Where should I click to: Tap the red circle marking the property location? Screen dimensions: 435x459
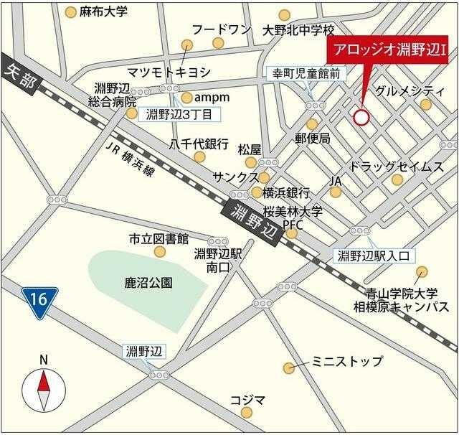coord(361,117)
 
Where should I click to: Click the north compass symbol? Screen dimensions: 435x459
coord(44,388)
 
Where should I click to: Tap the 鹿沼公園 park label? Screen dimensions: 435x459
coord(148,283)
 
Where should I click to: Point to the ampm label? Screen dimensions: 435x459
coord(214,97)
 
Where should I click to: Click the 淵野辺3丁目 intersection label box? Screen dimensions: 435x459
coord(179,114)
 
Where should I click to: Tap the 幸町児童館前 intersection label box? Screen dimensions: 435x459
coord(306,72)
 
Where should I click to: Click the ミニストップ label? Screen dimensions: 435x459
coord(347,362)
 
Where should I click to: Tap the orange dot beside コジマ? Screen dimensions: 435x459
coord(247,412)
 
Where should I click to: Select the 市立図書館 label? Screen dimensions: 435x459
coord(158,238)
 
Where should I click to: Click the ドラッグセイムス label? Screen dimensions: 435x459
coord(397,166)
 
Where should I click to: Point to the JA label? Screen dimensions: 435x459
coord(335,180)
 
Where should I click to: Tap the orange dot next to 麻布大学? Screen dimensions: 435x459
coord(70,12)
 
